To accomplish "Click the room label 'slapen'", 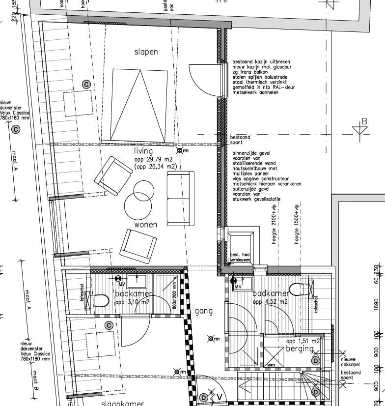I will click(146, 52).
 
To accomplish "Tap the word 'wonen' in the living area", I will click(146, 225).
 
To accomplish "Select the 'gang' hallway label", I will click(203, 311).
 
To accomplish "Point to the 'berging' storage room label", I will click(300, 348).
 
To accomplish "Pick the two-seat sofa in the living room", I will click(181, 199).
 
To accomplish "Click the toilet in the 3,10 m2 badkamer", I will click(98, 300).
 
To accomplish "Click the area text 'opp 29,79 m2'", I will click(153, 160).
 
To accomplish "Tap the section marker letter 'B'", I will click(364, 121).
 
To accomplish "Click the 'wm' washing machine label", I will click(272, 365).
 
